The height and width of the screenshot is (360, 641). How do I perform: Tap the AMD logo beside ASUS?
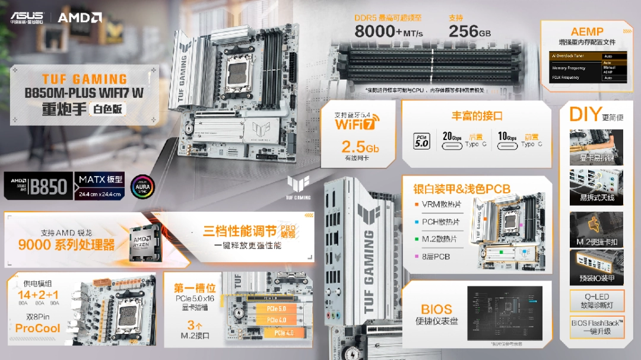coord(80,17)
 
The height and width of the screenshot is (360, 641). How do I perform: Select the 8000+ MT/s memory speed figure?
coord(389,31)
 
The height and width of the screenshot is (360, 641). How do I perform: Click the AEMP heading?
coord(586,31)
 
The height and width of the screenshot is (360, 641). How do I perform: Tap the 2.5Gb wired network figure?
coord(360,147)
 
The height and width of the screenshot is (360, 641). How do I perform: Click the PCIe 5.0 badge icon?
coord(421,141)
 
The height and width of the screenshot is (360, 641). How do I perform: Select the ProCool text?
coord(38,328)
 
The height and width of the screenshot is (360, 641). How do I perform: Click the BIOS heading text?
coord(437,310)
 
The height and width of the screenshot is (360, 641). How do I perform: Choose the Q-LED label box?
coord(597,301)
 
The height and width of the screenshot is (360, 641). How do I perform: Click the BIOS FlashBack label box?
coord(597,327)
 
